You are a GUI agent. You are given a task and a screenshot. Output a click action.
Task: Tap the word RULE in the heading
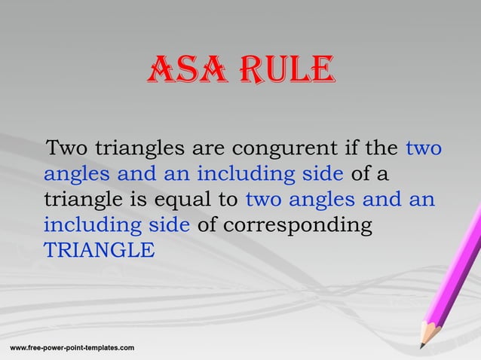coord(284,73)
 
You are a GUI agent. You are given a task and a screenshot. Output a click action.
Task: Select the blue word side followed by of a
coord(322,174)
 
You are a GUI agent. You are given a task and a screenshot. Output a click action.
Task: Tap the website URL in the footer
coord(72,348)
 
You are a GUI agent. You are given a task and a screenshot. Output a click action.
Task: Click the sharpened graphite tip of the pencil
coord(422,346)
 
